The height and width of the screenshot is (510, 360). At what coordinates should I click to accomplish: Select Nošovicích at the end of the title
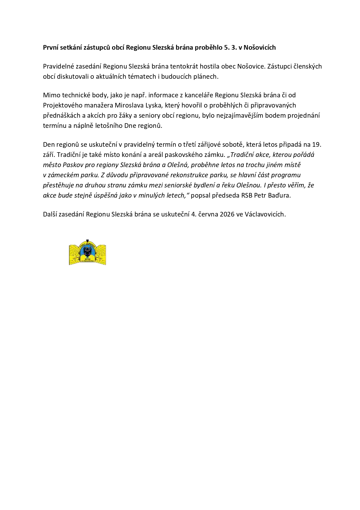(x=260, y=47)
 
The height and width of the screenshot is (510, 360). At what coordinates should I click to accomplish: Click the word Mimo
(x=50, y=95)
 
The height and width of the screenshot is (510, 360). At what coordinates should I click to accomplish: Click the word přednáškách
(x=62, y=115)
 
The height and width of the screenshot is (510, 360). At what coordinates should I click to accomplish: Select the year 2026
(x=227, y=214)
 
